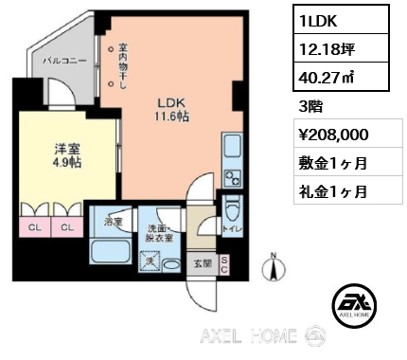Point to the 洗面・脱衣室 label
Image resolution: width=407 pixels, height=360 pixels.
[156, 234]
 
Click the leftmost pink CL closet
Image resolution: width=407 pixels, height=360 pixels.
[33, 227]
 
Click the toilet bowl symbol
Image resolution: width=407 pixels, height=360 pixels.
[237, 208]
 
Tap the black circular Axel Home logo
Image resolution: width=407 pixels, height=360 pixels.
[353, 302]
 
